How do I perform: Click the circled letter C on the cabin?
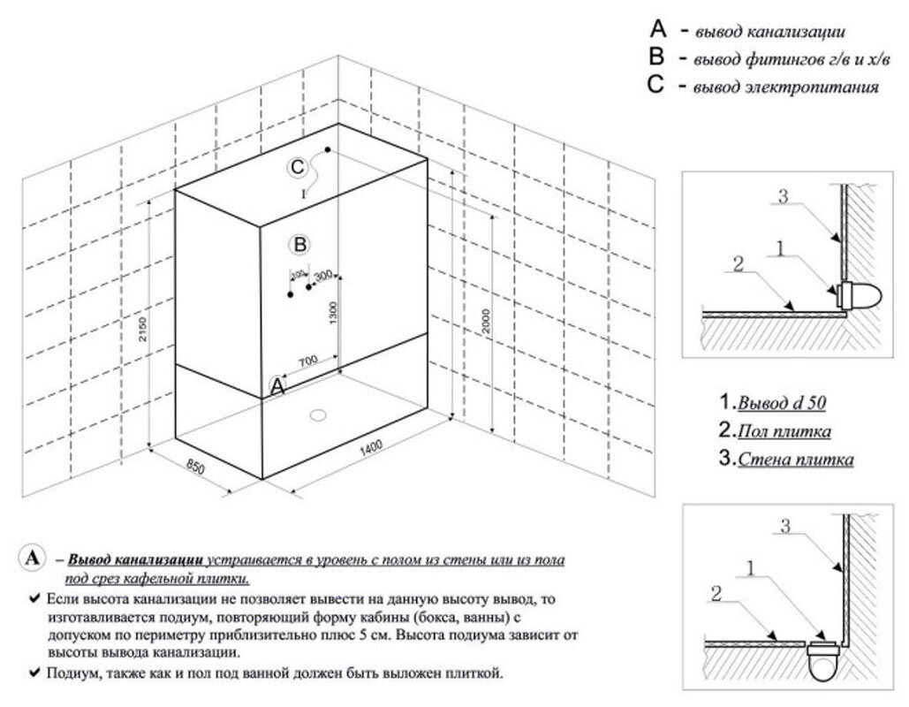click(298, 166)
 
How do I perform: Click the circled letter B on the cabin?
click(299, 243)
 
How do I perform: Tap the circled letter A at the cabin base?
click(277, 385)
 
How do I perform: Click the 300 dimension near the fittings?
click(322, 276)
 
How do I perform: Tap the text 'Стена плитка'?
click(795, 460)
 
